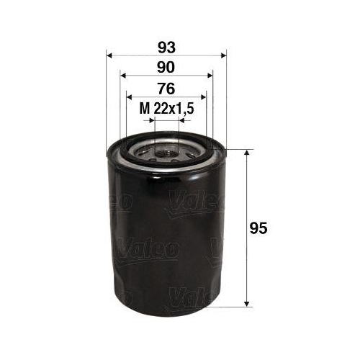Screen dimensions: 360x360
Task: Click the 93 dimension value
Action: tap(166, 47)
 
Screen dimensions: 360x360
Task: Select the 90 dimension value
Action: tap(166, 68)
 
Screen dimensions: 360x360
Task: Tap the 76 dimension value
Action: tap(166, 89)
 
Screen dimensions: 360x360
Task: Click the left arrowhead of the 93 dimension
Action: tap(110, 54)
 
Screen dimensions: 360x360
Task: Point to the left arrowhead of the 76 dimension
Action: tap(130, 96)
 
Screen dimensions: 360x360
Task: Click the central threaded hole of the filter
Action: tap(166, 152)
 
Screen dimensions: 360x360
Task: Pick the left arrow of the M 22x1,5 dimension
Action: tap(150, 120)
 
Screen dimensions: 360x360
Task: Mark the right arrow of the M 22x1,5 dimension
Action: tap(182, 120)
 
